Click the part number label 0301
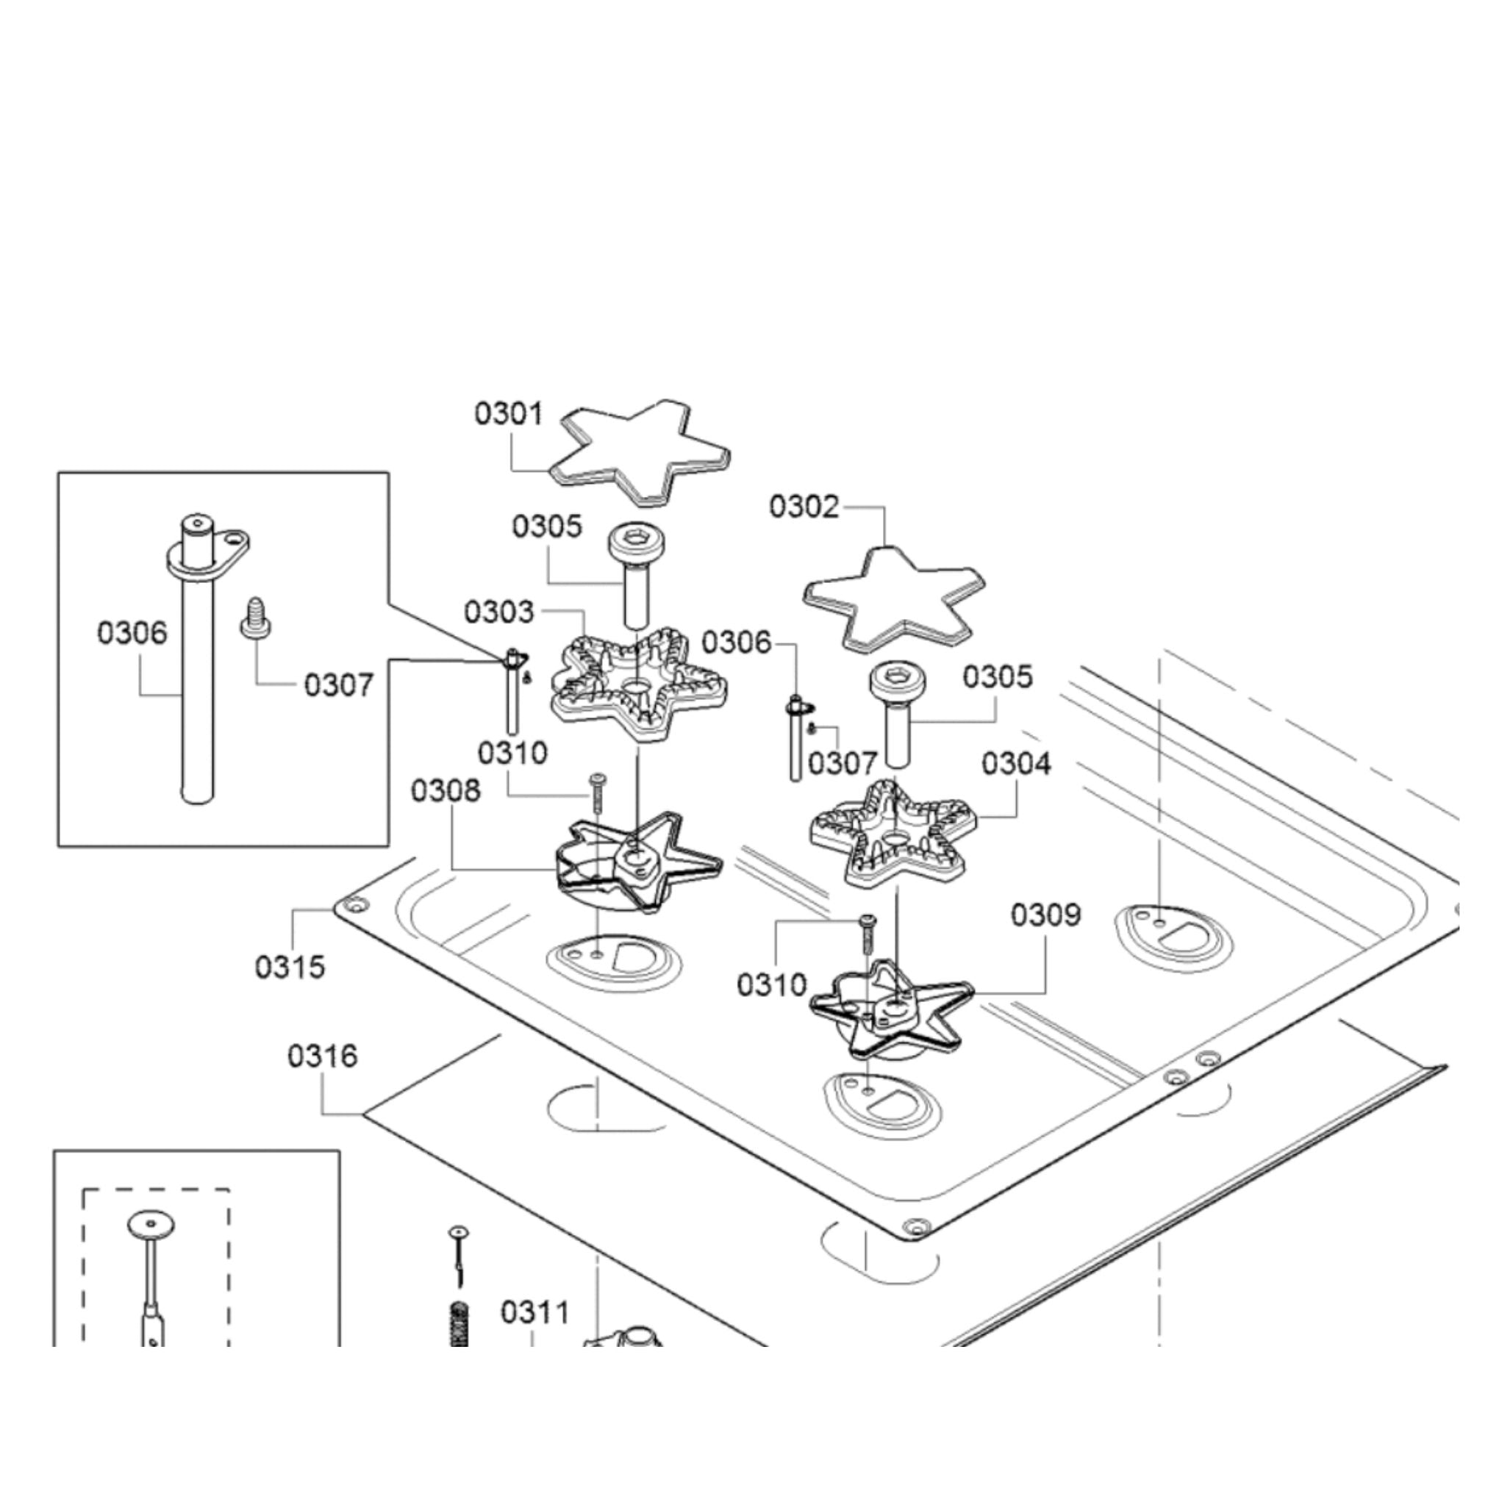pyautogui.click(x=508, y=415)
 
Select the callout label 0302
pyautogui.click(x=804, y=507)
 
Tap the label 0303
pyautogui.click(x=498, y=612)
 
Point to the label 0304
pyautogui.click(x=1016, y=764)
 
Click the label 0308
pyautogui.click(x=446, y=790)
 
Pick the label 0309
pyautogui.click(x=1046, y=915)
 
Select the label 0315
pyautogui.click(x=290, y=967)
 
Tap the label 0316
pyautogui.click(x=322, y=1056)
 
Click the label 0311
pyautogui.click(x=535, y=1312)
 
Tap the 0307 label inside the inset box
pyautogui.click(x=339, y=684)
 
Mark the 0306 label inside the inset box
pyautogui.click(x=132, y=633)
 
